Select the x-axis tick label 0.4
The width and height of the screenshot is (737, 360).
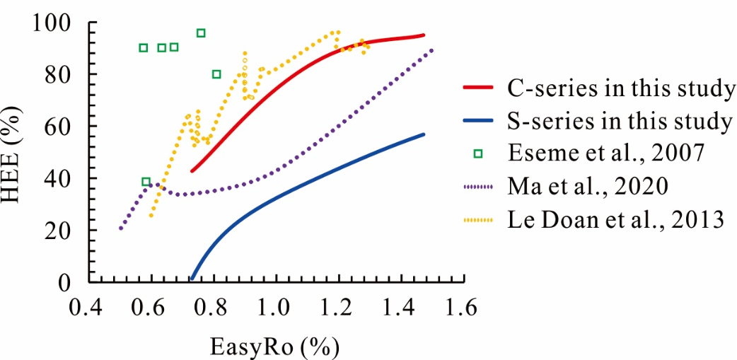tap(88, 308)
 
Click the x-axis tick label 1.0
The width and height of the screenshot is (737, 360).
tap(274, 308)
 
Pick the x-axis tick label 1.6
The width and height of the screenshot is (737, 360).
tap(460, 308)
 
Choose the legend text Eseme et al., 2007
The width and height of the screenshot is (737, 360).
tap(605, 153)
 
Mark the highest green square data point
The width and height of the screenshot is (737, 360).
tap(201, 33)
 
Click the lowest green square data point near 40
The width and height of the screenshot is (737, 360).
tap(146, 182)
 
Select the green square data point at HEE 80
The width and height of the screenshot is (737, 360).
tap(216, 74)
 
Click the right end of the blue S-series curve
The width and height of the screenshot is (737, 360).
tap(424, 134)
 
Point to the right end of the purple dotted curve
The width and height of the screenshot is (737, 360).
tap(431, 50)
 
